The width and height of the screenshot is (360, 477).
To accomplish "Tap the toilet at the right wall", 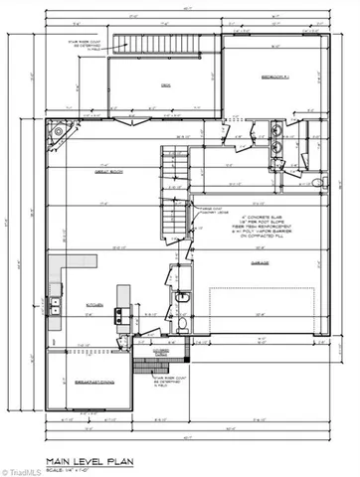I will pos(319,183).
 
